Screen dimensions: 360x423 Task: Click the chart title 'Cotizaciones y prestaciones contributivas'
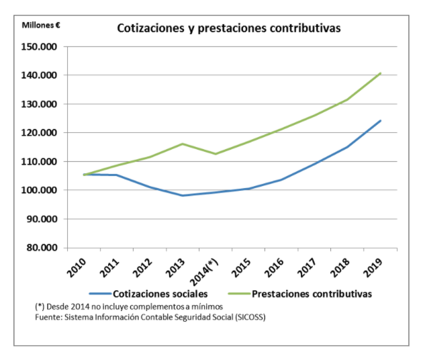tap(229, 29)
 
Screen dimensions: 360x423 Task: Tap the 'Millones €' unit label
tap(41, 25)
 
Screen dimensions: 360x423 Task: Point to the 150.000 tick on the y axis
tap(40, 47)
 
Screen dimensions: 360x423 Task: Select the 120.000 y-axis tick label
tap(40, 133)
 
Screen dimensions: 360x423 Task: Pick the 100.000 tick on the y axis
tap(40, 190)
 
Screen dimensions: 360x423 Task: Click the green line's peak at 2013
tap(183, 144)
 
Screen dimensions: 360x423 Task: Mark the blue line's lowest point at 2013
tap(183, 195)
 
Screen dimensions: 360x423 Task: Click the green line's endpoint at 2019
tap(381, 73)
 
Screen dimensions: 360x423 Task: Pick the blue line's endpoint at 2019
tap(381, 121)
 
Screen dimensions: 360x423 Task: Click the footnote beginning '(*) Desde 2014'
tap(128, 306)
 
